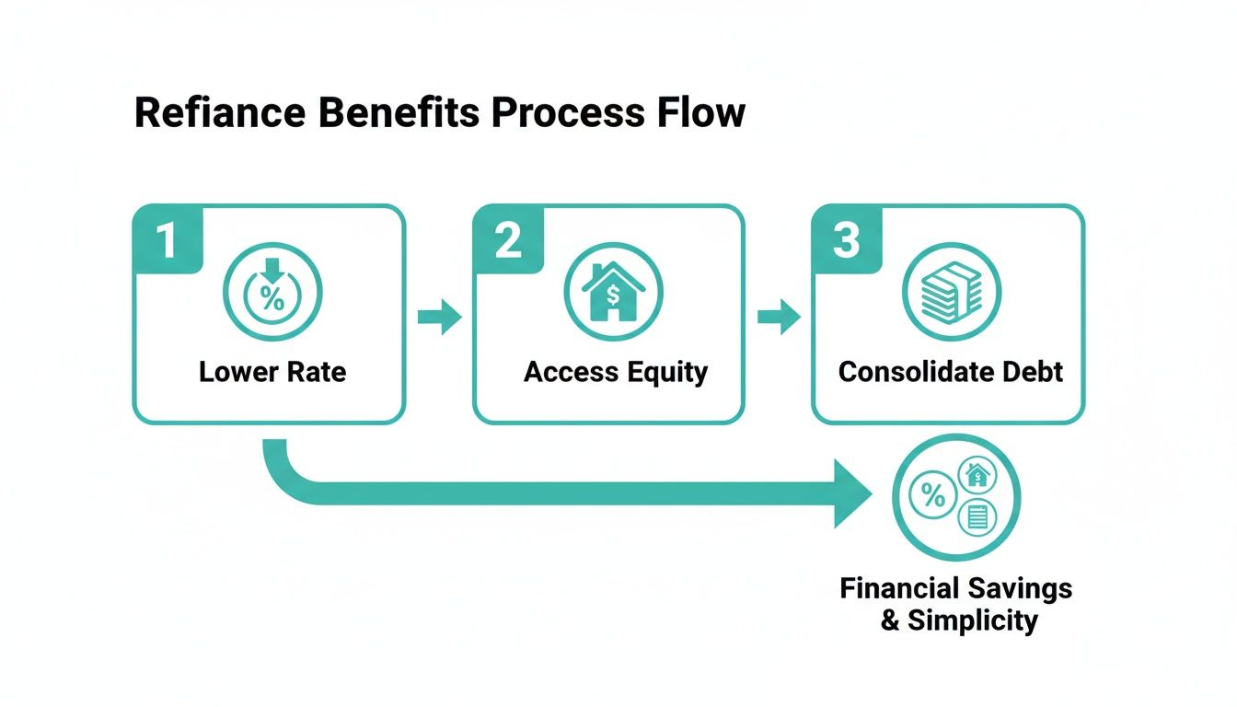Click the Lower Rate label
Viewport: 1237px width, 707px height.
point(272,372)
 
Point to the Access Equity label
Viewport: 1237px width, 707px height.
point(616,372)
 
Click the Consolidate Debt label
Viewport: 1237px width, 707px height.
point(951,372)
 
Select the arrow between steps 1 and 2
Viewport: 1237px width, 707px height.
point(439,318)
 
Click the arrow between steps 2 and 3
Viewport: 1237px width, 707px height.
point(779,318)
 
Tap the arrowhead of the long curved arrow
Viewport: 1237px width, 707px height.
point(851,494)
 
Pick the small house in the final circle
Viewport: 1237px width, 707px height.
point(977,475)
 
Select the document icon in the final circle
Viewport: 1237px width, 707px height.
point(977,517)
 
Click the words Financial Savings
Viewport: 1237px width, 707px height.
point(955,588)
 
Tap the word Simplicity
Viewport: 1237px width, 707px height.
point(972,620)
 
